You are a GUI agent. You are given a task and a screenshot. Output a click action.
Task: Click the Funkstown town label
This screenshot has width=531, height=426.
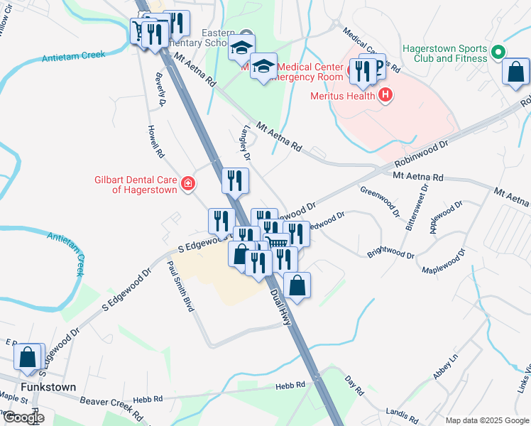click(48, 387)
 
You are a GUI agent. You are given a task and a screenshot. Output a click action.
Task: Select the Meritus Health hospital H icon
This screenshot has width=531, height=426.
click(385, 94)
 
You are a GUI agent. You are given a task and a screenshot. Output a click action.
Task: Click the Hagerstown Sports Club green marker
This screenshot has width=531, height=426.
click(498, 52)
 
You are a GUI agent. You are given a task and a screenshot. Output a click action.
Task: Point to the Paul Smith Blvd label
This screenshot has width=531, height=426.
click(180, 287)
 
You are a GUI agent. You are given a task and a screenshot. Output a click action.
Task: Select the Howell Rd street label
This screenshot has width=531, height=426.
click(155, 141)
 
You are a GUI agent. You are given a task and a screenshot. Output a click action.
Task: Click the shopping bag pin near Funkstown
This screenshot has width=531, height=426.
click(28, 359)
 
